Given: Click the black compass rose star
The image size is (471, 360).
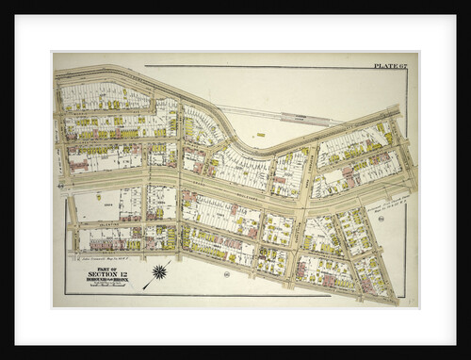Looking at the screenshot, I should (159, 272).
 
